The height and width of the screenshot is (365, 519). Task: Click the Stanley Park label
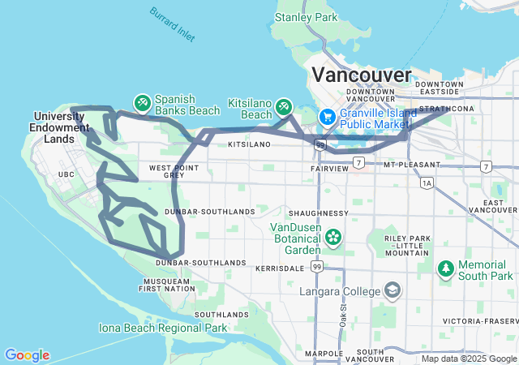(x=305, y=16)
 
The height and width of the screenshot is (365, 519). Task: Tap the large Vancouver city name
(x=362, y=75)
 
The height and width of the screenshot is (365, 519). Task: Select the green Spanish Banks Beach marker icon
(x=142, y=102)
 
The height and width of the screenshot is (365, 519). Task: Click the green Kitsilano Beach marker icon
(x=283, y=105)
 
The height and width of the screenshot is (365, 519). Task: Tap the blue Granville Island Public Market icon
(x=328, y=117)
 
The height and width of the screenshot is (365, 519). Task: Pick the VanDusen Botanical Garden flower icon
(x=332, y=238)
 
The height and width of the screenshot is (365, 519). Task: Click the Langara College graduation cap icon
(x=392, y=290)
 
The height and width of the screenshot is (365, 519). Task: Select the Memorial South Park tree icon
(x=445, y=268)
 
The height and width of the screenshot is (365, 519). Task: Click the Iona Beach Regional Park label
(x=163, y=328)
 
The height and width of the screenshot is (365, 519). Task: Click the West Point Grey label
(x=168, y=171)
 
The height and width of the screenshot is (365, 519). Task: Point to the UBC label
(x=66, y=174)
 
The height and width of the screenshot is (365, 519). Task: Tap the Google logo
(x=27, y=355)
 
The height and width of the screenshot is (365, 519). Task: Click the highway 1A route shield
(x=427, y=184)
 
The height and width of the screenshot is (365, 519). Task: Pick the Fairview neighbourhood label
(x=329, y=168)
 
